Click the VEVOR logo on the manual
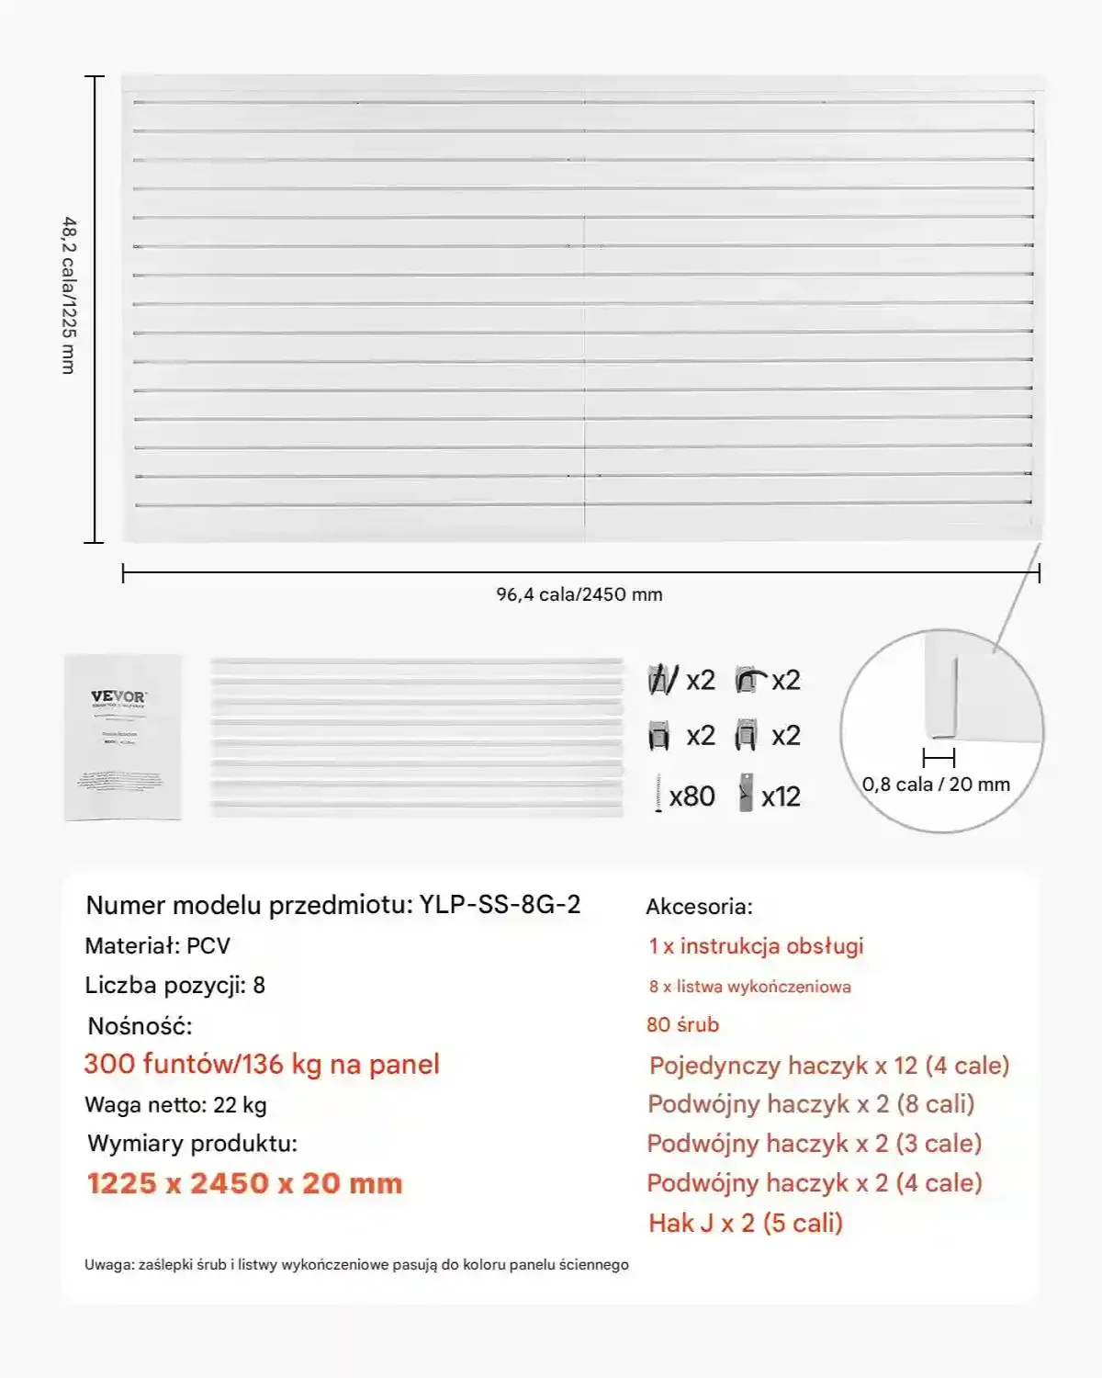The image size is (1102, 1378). [118, 696]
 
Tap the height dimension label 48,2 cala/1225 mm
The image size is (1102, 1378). [69, 295]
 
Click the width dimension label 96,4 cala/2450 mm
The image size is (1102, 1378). [579, 594]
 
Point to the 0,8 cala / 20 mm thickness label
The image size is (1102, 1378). [936, 785]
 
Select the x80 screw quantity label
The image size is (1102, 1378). [692, 796]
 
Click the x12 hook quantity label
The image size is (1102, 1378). [781, 796]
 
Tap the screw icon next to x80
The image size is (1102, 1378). [658, 795]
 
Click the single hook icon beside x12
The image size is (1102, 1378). [746, 795]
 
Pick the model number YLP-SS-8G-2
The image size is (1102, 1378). [500, 905]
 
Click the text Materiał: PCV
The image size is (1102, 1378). [157, 946]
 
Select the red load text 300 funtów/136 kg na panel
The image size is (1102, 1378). [262, 1064]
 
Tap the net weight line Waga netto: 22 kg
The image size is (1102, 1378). [175, 1105]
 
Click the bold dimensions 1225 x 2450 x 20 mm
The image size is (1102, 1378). [245, 1183]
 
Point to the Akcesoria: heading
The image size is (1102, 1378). [699, 907]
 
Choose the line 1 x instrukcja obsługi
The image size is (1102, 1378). [756, 946]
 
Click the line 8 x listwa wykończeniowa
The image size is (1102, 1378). [749, 987]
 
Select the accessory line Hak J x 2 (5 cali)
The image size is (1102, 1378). [745, 1223]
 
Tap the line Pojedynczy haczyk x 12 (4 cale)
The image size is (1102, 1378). [829, 1066]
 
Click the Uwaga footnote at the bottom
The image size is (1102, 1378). [356, 1265]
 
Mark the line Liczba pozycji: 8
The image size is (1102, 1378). [174, 986]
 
